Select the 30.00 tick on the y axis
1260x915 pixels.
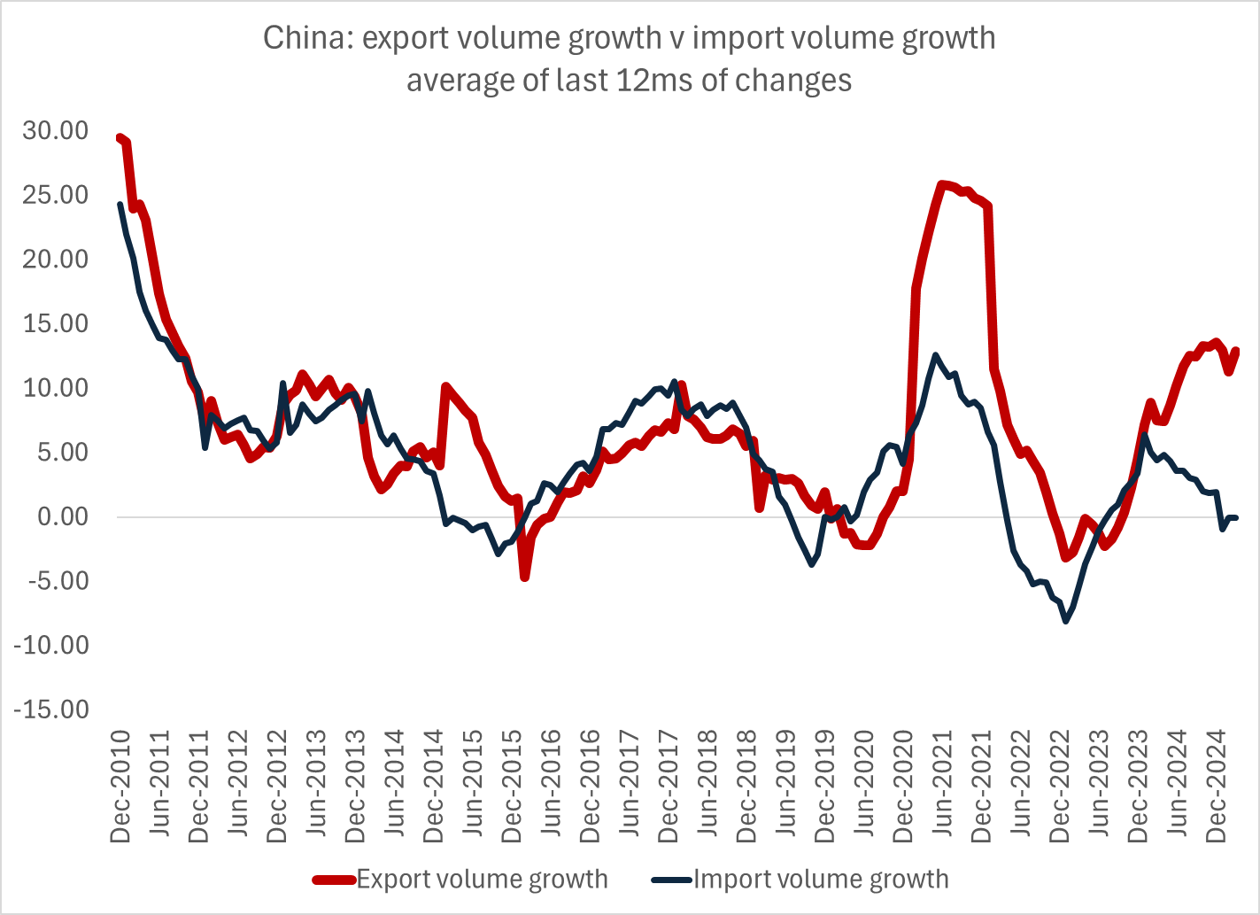pos(57,130)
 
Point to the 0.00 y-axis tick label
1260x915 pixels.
pos(64,516)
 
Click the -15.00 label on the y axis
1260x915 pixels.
pos(51,710)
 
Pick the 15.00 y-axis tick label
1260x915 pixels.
pos(57,323)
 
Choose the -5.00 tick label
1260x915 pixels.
pos(58,581)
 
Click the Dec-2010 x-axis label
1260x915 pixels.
pos(121,787)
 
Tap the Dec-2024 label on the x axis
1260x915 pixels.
pos(1217,787)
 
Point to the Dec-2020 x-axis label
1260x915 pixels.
pos(904,787)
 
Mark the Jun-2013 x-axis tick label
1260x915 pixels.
pos(317,787)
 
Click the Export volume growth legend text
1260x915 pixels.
pos(483,880)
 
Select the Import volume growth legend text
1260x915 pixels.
pos(821,880)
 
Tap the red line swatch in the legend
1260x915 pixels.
pos(334,880)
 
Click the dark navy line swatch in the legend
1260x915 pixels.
pos(671,880)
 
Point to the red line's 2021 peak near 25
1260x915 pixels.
pos(942,184)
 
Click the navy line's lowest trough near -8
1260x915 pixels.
pos(1066,621)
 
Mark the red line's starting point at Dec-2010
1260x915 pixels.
pos(120,137)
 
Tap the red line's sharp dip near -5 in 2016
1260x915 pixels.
pos(525,578)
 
